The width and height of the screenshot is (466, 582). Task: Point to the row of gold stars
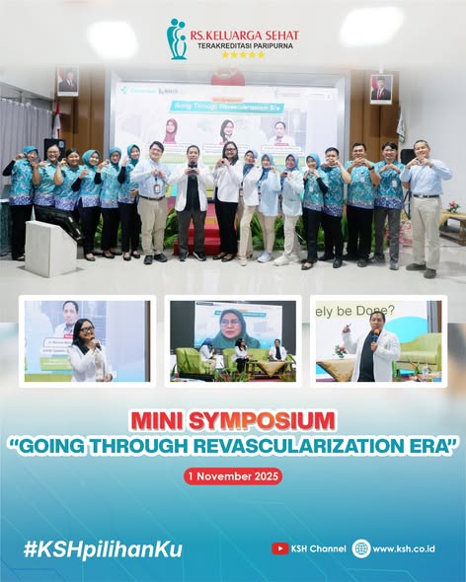coord(243,55)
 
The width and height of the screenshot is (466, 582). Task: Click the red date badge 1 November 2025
coord(233,475)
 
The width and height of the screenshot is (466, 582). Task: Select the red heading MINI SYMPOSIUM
coord(233,419)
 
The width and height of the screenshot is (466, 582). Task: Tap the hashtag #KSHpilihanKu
coord(103,549)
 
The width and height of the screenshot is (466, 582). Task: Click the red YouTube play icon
coord(280,548)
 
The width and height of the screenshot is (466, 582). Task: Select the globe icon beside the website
coord(361,548)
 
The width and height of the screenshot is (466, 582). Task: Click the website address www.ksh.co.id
coord(404,549)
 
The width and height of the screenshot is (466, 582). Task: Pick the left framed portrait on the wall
coord(67,82)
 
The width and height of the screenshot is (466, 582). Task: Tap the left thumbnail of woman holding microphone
coord(87,340)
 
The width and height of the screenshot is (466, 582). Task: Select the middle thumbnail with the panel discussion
coord(233,340)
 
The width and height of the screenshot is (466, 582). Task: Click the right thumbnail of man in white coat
coord(377,340)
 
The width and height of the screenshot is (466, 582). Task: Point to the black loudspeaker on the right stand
coord(408,157)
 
